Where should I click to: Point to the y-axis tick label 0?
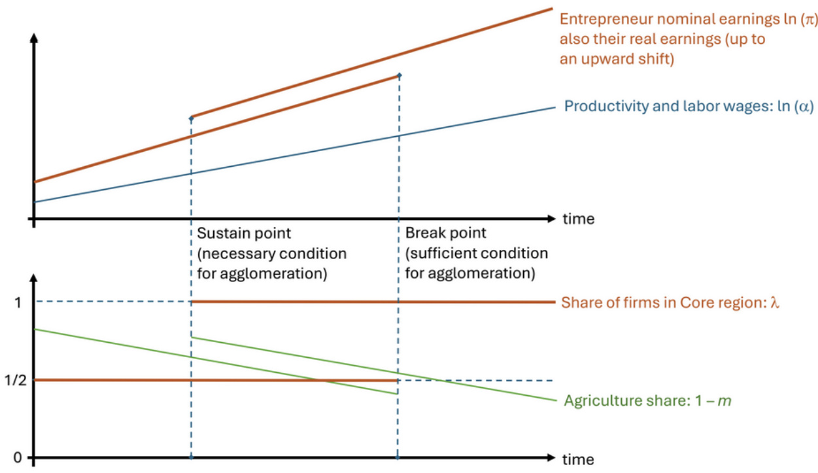[17, 457]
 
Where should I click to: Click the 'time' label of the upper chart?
[579, 219]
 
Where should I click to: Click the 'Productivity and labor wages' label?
[656, 106]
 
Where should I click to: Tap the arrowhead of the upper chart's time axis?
[552, 218]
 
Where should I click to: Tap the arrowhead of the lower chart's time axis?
[552, 457]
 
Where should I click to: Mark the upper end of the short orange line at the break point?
[399, 76]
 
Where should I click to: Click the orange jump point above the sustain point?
[191, 118]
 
